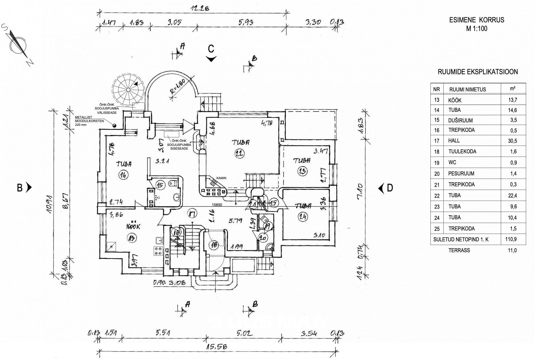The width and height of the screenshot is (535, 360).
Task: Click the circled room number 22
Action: click(x=239, y=154)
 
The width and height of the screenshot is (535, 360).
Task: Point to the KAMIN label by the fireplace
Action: click(x=221, y=178)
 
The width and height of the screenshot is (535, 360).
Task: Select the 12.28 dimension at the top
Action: click(x=200, y=8)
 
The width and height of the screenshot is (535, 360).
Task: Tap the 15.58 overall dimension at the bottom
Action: click(x=216, y=347)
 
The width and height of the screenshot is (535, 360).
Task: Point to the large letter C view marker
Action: click(x=211, y=49)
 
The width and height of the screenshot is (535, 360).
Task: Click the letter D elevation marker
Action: click(x=390, y=188)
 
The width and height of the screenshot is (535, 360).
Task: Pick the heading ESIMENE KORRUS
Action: click(x=477, y=20)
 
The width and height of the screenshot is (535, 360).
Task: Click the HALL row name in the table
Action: click(x=454, y=140)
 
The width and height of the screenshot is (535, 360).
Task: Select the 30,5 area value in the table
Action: click(x=513, y=141)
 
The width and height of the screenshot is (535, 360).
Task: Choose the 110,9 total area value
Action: click(x=513, y=239)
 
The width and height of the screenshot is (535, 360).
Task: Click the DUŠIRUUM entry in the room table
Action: click(x=461, y=120)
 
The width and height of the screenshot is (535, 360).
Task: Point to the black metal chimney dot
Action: click(x=114, y=125)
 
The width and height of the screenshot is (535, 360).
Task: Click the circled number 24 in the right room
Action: click(x=303, y=217)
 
